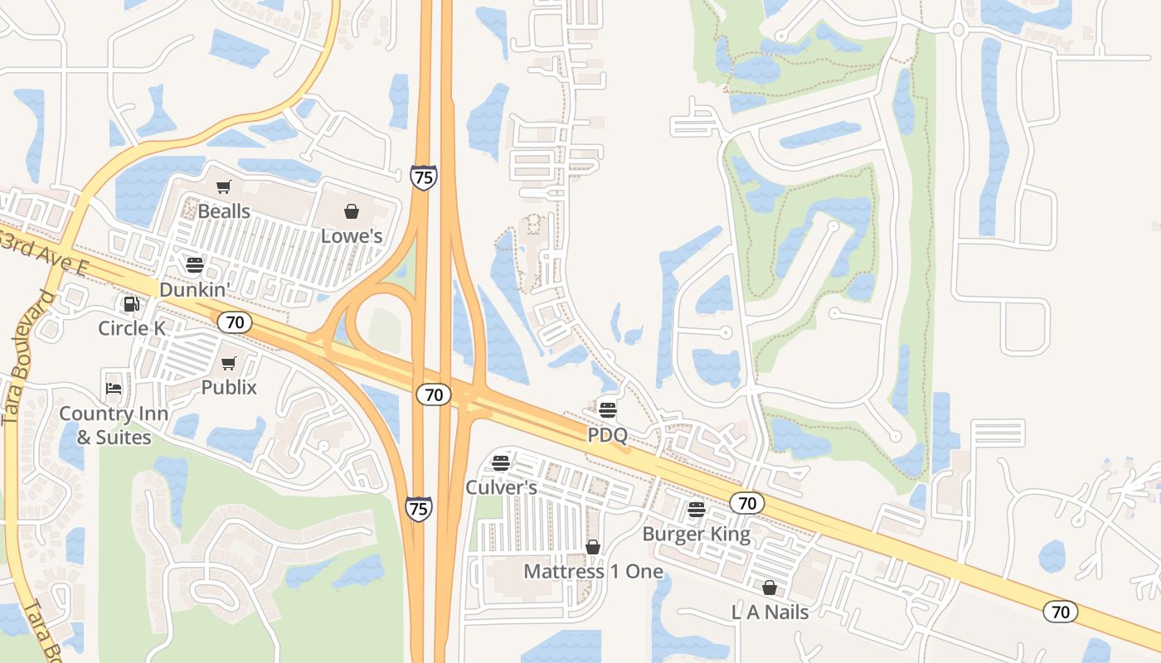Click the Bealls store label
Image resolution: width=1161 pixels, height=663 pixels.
(224, 211)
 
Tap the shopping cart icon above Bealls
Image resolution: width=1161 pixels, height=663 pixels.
(223, 187)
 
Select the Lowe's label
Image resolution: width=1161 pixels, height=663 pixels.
(352, 236)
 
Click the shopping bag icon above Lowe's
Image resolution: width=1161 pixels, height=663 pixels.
(352, 211)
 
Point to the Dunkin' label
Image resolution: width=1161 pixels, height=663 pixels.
(193, 290)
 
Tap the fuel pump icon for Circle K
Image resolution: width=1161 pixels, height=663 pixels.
(131, 304)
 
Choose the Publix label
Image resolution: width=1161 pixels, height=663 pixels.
(229, 387)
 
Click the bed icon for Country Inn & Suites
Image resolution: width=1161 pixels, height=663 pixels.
(114, 388)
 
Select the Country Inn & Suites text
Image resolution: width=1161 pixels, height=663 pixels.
(114, 425)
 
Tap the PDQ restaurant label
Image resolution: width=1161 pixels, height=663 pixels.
(608, 435)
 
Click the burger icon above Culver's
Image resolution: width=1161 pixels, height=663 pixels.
(500, 462)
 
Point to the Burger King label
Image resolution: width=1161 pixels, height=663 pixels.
(697, 535)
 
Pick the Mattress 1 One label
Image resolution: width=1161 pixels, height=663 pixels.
(593, 572)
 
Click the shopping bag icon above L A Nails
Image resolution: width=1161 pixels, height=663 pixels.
(770, 588)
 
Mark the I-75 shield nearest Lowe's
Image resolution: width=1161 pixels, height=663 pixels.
(423, 177)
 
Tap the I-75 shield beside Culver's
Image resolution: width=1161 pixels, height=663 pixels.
(419, 508)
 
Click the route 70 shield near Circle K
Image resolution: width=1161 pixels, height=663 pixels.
(235, 322)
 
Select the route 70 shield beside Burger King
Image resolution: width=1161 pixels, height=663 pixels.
(747, 502)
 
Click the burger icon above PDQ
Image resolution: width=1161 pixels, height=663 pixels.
(608, 409)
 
